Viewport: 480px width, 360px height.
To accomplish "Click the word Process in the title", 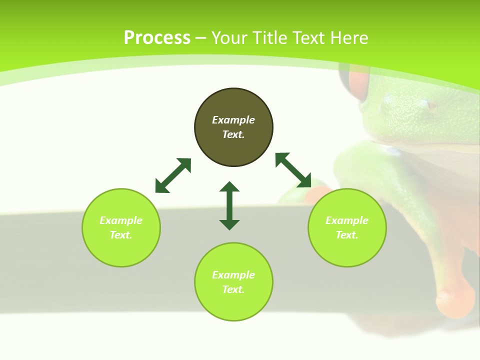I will (x=157, y=38).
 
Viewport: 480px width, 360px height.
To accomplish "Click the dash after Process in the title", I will (x=201, y=38).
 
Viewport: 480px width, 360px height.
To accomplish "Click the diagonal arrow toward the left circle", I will (x=173, y=175).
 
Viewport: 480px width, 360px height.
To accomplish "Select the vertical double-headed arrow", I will (x=229, y=205).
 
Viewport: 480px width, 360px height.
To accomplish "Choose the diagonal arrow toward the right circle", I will (x=293, y=170).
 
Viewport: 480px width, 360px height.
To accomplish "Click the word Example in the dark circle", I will (x=233, y=120).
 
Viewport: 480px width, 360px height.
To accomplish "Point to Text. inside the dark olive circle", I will (x=233, y=134).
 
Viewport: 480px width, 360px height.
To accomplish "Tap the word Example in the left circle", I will (x=121, y=220).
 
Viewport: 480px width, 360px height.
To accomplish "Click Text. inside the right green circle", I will (x=347, y=235).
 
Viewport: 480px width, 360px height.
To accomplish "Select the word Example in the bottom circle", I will (x=233, y=275).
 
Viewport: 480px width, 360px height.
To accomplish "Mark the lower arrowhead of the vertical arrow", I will (x=229, y=224).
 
